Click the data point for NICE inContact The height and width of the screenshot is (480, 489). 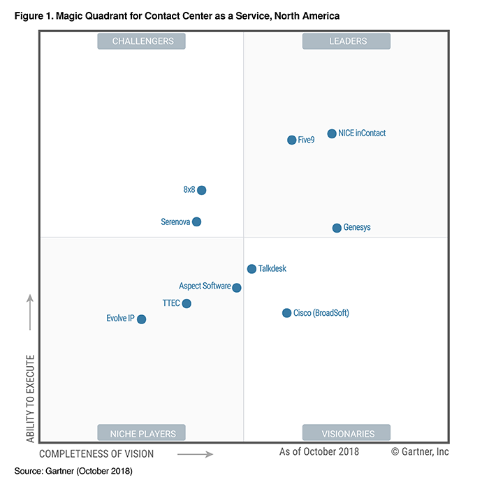pyautogui.click(x=332, y=133)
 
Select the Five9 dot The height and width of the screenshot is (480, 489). pyautogui.click(x=292, y=140)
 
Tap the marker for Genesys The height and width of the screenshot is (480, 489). pyautogui.click(x=337, y=228)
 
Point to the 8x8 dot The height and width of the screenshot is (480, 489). pyautogui.click(x=202, y=190)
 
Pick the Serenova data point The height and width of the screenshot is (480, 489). pyautogui.click(x=197, y=221)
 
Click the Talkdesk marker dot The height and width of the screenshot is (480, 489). pyautogui.click(x=251, y=269)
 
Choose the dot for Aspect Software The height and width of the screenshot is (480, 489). pyautogui.click(x=237, y=287)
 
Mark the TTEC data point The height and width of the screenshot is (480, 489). pyautogui.click(x=187, y=303)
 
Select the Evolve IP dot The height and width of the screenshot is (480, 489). pyautogui.click(x=142, y=319)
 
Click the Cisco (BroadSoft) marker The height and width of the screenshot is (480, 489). pyautogui.click(x=286, y=313)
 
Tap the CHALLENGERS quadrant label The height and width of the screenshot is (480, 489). pyautogui.click(x=142, y=41)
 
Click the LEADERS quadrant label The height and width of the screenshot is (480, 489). pyautogui.click(x=346, y=41)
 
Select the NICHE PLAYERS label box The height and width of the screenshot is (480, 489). pyautogui.click(x=142, y=433)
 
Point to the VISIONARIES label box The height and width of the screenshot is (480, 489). pyautogui.click(x=346, y=433)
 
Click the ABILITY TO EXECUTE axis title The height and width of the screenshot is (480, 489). pyautogui.click(x=31, y=398)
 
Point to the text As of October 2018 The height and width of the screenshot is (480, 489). pyautogui.click(x=319, y=451)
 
